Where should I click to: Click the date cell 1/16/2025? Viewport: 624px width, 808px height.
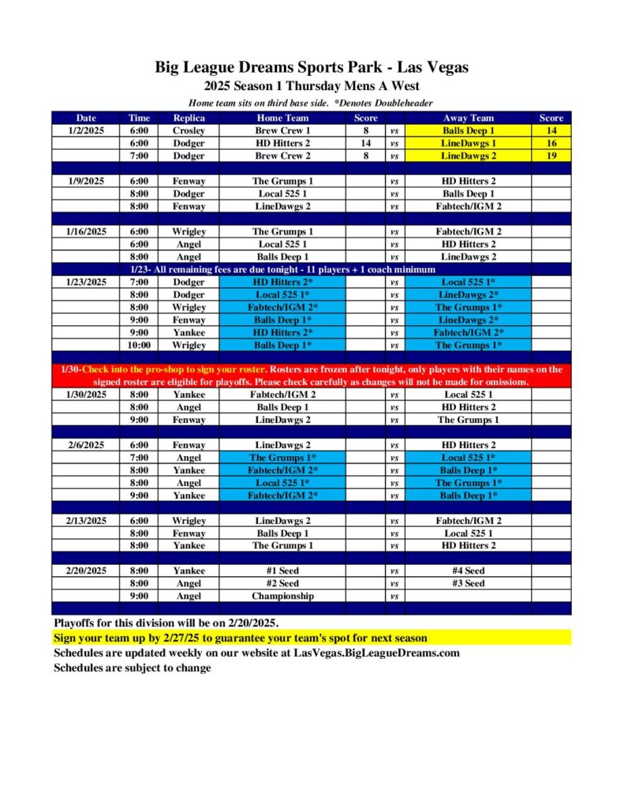[85, 231]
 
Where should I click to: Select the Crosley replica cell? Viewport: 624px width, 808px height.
[189, 130]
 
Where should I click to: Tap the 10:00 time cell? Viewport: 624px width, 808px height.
[139, 344]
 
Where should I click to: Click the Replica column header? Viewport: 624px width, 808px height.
[189, 118]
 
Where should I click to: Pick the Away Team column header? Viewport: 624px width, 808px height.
[468, 118]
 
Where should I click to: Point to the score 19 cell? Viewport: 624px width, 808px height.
[551, 155]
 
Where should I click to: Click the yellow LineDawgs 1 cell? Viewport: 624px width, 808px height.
[468, 143]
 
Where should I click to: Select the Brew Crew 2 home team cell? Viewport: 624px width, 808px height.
[282, 155]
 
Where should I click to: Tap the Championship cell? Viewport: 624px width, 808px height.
[282, 596]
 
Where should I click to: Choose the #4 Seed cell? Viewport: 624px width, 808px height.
[468, 570]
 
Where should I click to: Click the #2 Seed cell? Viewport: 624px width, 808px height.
[282, 583]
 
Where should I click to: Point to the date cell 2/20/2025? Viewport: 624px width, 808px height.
[85, 570]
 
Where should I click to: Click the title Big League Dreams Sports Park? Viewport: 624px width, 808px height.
[312, 68]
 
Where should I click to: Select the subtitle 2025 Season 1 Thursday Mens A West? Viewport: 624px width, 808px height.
[312, 86]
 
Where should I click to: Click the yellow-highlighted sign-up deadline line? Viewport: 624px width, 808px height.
[241, 638]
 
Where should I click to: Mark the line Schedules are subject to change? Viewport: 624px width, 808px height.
[133, 668]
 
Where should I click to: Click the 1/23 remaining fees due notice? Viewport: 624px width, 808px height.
[312, 269]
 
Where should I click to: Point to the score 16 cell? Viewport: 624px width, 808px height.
[551, 143]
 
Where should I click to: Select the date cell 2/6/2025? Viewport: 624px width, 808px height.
[85, 445]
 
